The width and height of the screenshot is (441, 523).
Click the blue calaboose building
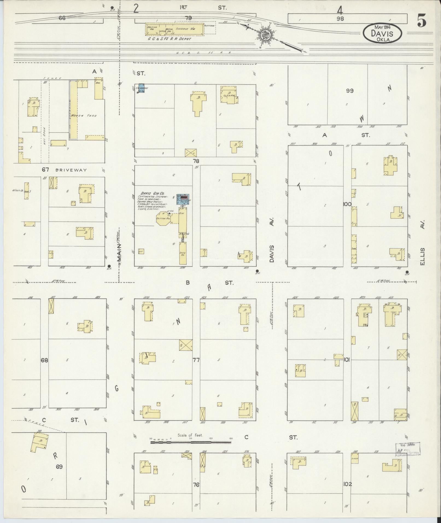coord(142,88)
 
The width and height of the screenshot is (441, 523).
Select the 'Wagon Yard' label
coord(88,116)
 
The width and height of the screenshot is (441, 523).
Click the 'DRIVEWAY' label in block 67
coord(71,170)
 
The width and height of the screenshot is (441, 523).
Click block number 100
coord(347,204)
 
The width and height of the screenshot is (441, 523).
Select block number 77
coord(196,360)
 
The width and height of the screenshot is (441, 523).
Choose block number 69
coord(59,466)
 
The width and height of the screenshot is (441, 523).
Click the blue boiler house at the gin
coord(184,199)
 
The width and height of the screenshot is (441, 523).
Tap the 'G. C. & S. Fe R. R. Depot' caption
coord(169,39)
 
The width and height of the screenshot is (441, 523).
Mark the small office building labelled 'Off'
coord(141,251)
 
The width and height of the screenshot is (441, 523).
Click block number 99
coord(350,91)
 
